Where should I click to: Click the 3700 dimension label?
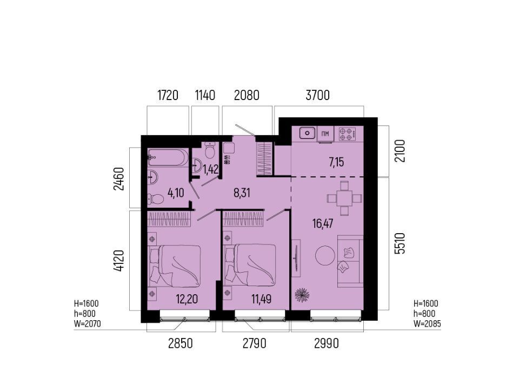click(x=317, y=95)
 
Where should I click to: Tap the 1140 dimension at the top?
click(x=205, y=95)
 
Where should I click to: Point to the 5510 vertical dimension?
click(x=400, y=243)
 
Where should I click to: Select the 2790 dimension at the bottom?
click(x=254, y=343)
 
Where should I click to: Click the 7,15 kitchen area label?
click(x=336, y=162)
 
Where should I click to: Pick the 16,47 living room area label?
click(x=323, y=223)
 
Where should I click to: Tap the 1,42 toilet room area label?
click(x=211, y=169)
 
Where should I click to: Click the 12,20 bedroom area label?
click(x=187, y=299)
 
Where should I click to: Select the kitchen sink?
click(x=308, y=134)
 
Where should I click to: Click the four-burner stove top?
click(x=347, y=134)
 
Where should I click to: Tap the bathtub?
click(x=168, y=157)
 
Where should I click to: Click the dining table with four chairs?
click(x=344, y=198)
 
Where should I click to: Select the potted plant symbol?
click(x=302, y=295)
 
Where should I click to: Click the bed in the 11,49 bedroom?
click(x=250, y=265)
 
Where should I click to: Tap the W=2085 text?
click(x=427, y=323)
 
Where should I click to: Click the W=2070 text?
click(x=88, y=323)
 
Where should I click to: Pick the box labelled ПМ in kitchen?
click(x=325, y=134)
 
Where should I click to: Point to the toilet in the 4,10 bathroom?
click(x=156, y=199)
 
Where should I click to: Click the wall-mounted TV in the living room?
click(x=296, y=258)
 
